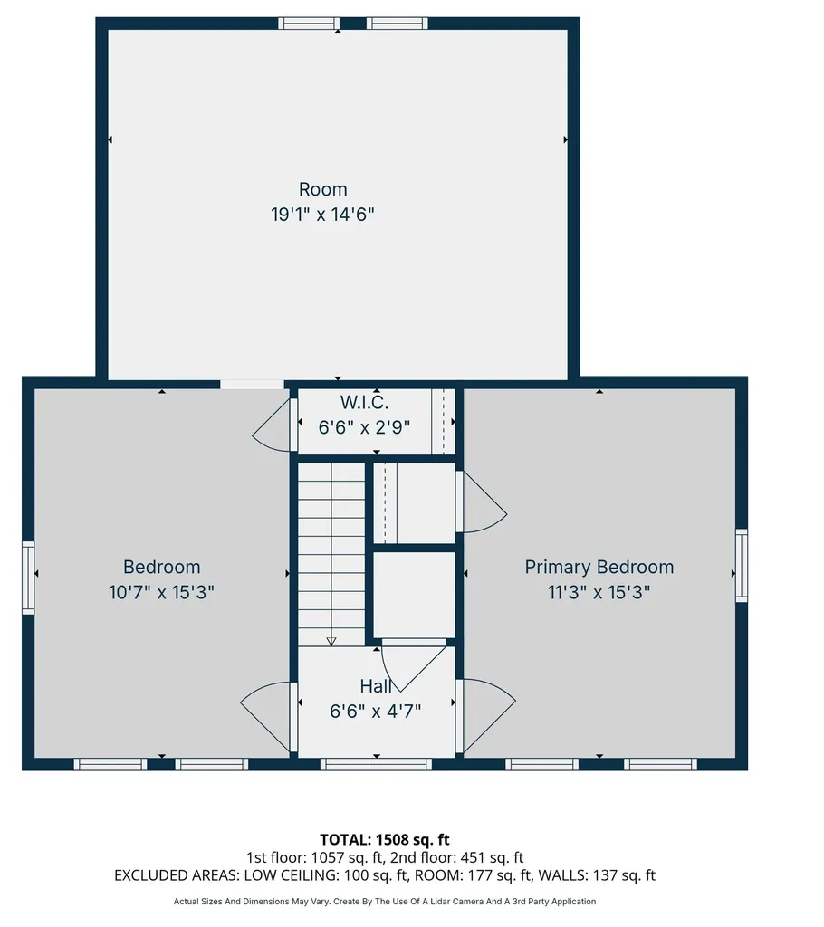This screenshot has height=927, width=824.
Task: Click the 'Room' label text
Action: point(322,189)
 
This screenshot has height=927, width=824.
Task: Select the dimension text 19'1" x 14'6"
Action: point(322,215)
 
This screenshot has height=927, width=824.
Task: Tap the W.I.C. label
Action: point(364,401)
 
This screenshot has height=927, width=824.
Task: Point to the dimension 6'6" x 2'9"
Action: point(364,425)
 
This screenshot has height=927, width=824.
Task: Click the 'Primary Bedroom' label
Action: point(599,567)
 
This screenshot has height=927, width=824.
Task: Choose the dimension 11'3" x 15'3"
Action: point(599,592)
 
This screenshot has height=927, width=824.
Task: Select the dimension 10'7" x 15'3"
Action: point(161,592)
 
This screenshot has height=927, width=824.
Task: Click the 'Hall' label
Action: point(376,686)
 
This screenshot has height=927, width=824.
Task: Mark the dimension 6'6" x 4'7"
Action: point(376,711)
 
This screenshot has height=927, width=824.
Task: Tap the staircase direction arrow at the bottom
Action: point(331,641)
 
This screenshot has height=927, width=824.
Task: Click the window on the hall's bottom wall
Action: point(376,764)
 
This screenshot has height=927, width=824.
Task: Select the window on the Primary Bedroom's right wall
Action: point(742,566)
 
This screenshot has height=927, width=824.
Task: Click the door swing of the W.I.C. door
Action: point(272,425)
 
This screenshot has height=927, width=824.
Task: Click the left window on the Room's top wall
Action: point(308,24)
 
